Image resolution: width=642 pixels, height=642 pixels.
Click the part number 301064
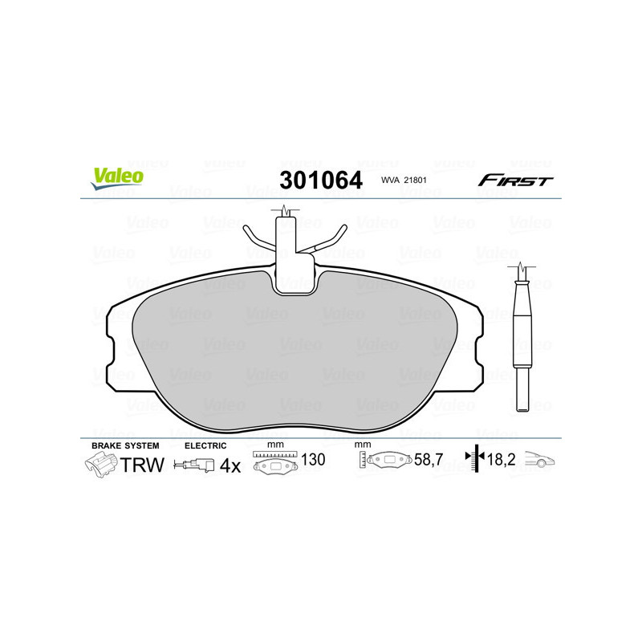320,181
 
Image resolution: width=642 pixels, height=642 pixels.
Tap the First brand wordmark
515,181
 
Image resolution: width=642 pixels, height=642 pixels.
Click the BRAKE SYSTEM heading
125,445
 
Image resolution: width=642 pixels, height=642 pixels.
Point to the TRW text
142,465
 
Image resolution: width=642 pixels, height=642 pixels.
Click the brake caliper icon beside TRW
100,465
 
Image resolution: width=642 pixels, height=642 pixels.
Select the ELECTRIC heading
205,445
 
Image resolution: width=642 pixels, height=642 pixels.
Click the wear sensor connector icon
197,465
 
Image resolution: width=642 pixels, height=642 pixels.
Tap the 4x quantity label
230,465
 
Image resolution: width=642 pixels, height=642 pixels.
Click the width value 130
313,460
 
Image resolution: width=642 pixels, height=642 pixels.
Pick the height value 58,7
429,460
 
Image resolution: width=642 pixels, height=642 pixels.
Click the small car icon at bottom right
542,461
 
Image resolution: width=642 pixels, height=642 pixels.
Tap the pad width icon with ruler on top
274,463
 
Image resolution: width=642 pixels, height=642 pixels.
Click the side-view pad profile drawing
522,337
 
